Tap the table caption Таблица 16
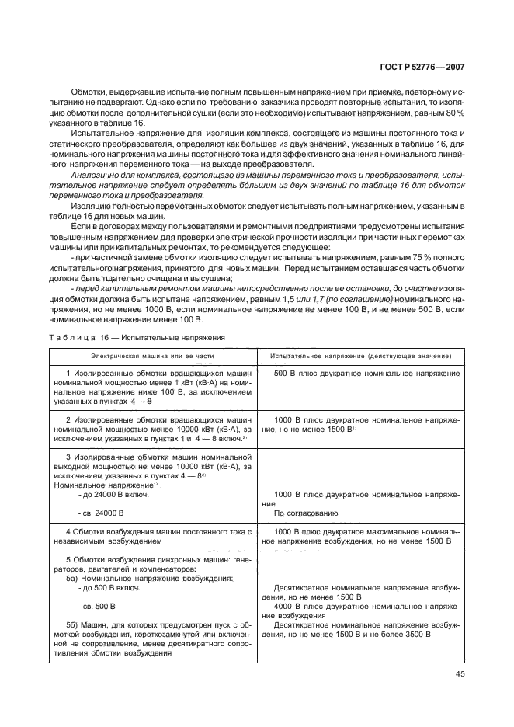[x=85, y=338]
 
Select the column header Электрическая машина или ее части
[x=151, y=355]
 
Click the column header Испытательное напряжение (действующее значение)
[x=361, y=355]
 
